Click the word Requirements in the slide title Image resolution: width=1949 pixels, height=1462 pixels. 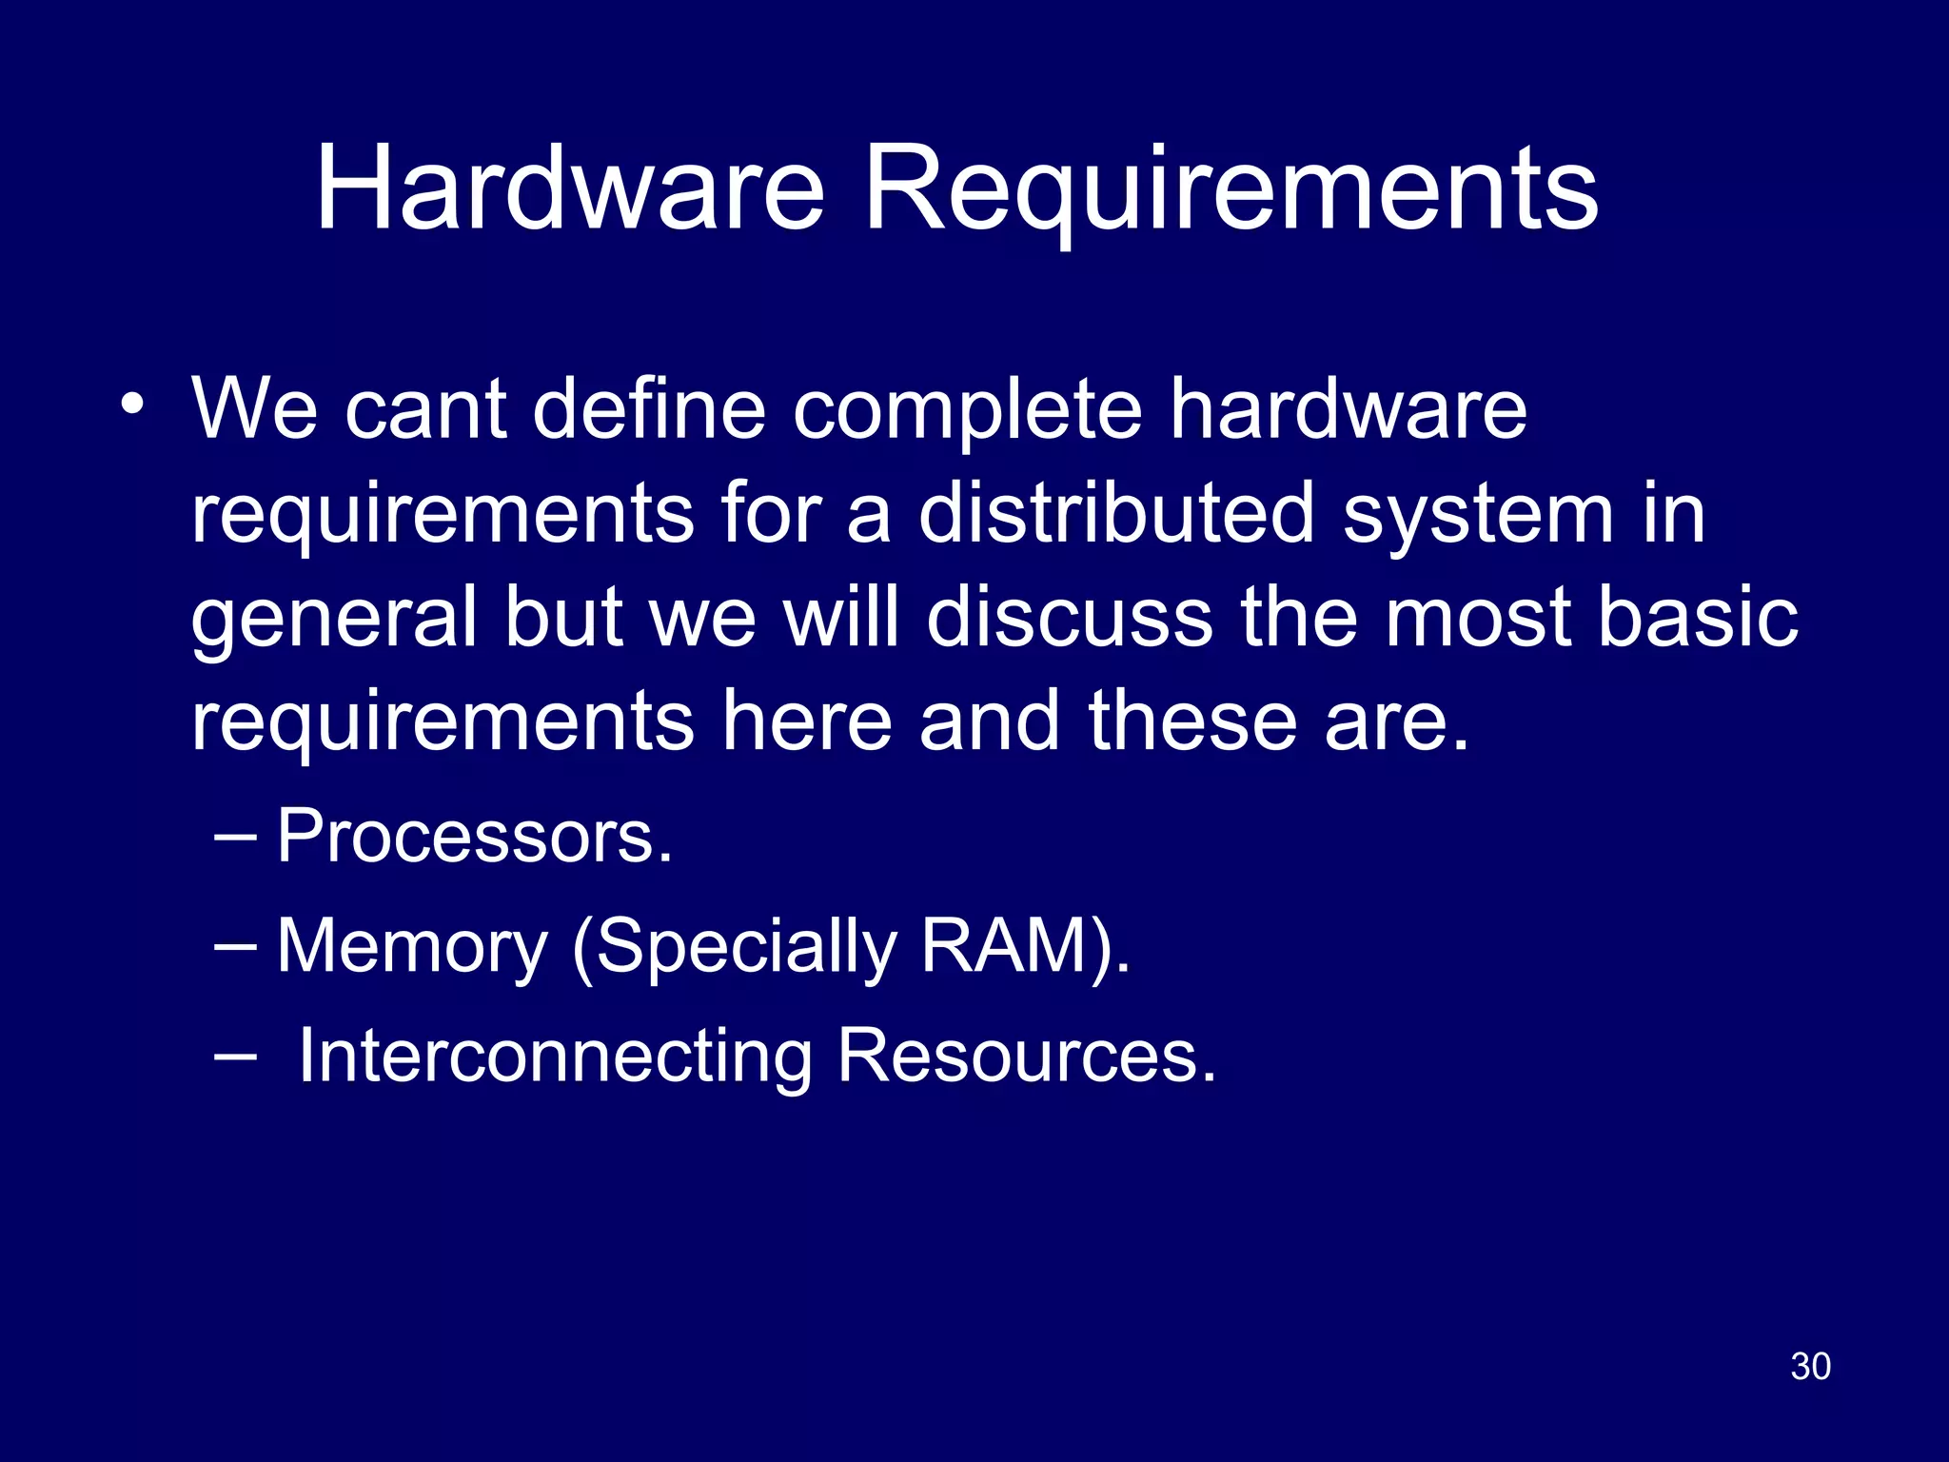point(1231,190)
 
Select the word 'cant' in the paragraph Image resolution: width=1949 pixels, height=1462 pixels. point(424,410)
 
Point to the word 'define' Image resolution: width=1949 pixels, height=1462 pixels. point(649,410)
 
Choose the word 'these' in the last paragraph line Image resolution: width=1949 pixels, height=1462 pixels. point(1193,721)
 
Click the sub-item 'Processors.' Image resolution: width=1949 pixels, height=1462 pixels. point(474,837)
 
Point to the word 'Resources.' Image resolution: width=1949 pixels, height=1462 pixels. point(1027,1057)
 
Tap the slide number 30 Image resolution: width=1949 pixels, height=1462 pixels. point(1810,1366)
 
